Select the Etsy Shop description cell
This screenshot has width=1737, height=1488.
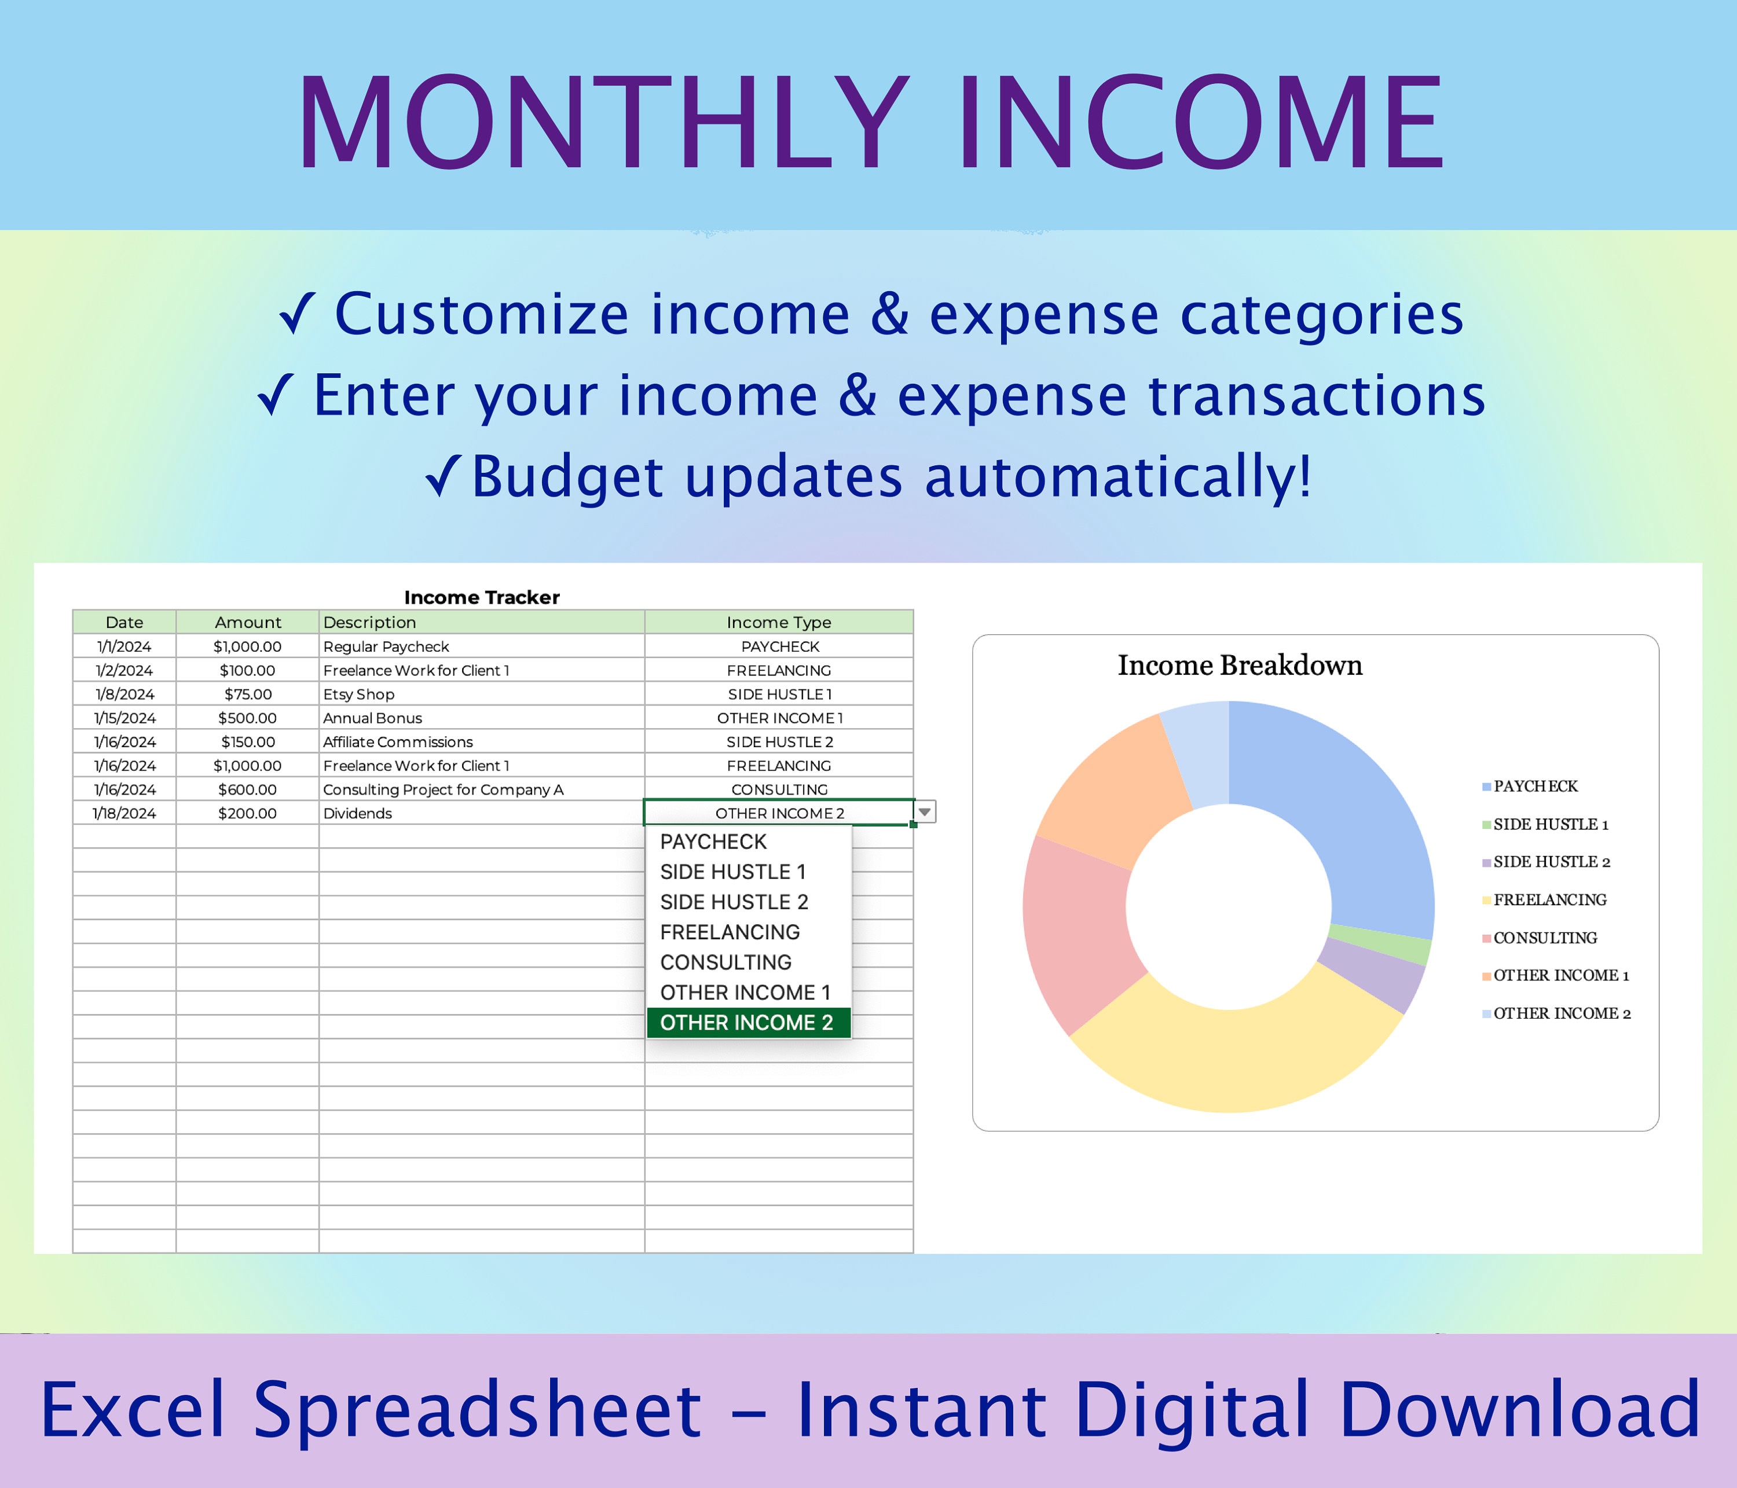(359, 694)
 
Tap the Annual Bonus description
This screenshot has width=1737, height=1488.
(373, 718)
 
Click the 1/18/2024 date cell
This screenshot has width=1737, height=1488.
(124, 814)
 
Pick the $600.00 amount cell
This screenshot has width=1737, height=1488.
(247, 789)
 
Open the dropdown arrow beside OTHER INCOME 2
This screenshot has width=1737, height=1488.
(924, 812)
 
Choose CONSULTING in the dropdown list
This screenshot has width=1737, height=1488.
(726, 962)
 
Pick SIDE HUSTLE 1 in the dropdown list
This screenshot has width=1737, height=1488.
(732, 872)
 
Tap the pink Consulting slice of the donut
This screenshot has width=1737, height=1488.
(1078, 930)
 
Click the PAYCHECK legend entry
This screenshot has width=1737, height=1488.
(1535, 786)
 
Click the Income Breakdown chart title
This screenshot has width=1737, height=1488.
(1240, 665)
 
